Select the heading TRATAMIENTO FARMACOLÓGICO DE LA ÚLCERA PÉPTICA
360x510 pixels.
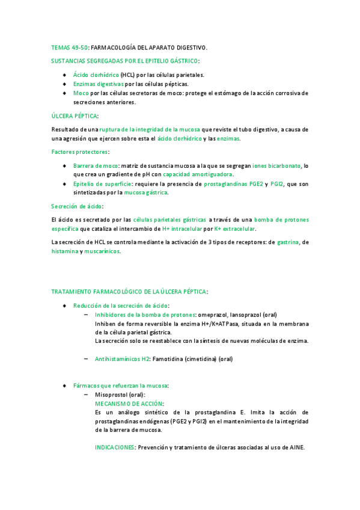[x=129, y=292]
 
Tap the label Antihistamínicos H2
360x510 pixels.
[x=122, y=359]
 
